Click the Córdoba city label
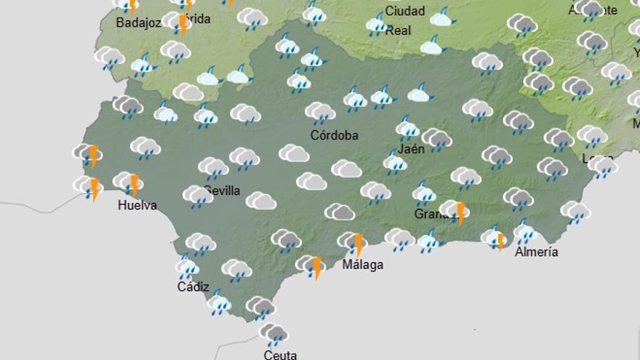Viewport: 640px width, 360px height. pyautogui.click(x=334, y=135)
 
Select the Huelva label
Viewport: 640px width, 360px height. pyautogui.click(x=137, y=205)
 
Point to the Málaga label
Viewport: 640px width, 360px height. pyautogui.click(x=362, y=265)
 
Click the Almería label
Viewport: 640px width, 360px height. pyautogui.click(x=536, y=252)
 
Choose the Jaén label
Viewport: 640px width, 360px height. pyautogui.click(x=412, y=149)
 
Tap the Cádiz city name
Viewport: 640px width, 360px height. pyautogui.click(x=193, y=287)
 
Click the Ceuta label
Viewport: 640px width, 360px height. pyautogui.click(x=280, y=355)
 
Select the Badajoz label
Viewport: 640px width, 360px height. pyautogui.click(x=138, y=23)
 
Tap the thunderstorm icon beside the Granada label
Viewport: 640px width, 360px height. pyautogui.click(x=455, y=211)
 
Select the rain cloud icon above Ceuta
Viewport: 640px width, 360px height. pyautogui.click(x=274, y=334)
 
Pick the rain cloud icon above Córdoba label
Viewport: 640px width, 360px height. pyautogui.click(x=320, y=113)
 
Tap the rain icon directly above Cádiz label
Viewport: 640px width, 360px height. pyautogui.click(x=188, y=268)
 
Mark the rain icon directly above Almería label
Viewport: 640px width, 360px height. pyautogui.click(x=524, y=232)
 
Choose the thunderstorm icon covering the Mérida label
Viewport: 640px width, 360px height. pyautogui.click(x=178, y=22)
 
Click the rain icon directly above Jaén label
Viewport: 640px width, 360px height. pyautogui.click(x=407, y=129)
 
